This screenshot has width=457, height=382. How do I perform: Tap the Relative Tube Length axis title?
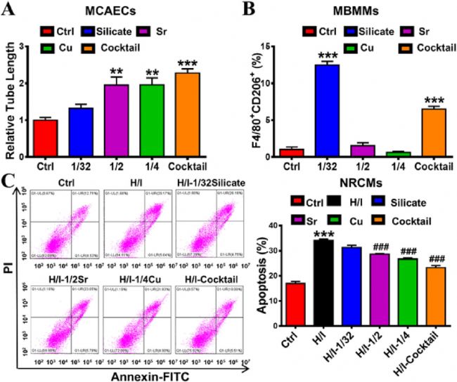(x=12, y=101)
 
